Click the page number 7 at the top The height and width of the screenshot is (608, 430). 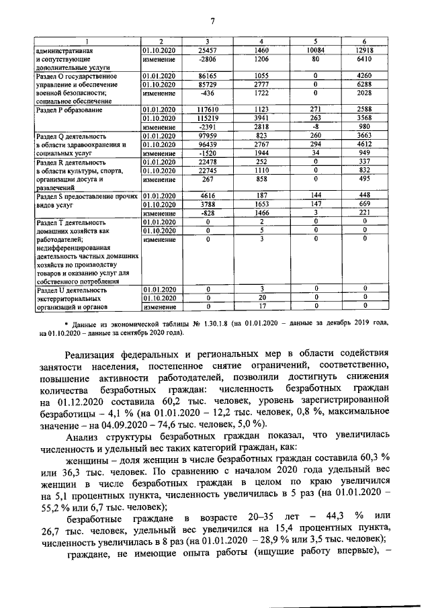pos(212,20)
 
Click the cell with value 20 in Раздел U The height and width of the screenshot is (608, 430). pos(261,298)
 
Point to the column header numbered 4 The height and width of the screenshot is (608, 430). pos(261,42)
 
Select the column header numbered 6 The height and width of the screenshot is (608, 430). pos(364,42)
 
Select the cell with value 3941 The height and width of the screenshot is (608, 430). pos(261,118)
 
